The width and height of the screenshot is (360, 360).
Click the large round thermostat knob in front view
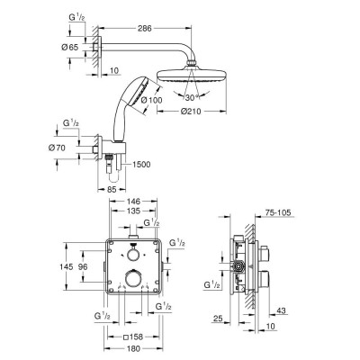[134, 280]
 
